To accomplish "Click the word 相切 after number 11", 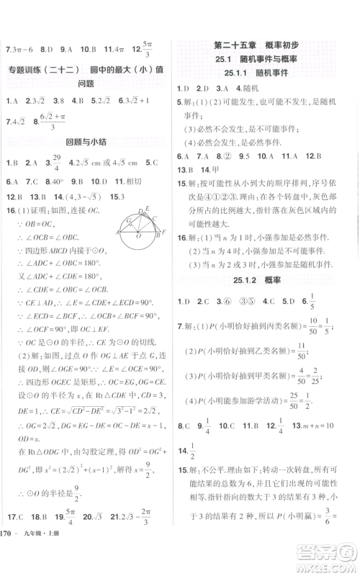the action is [133, 181].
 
